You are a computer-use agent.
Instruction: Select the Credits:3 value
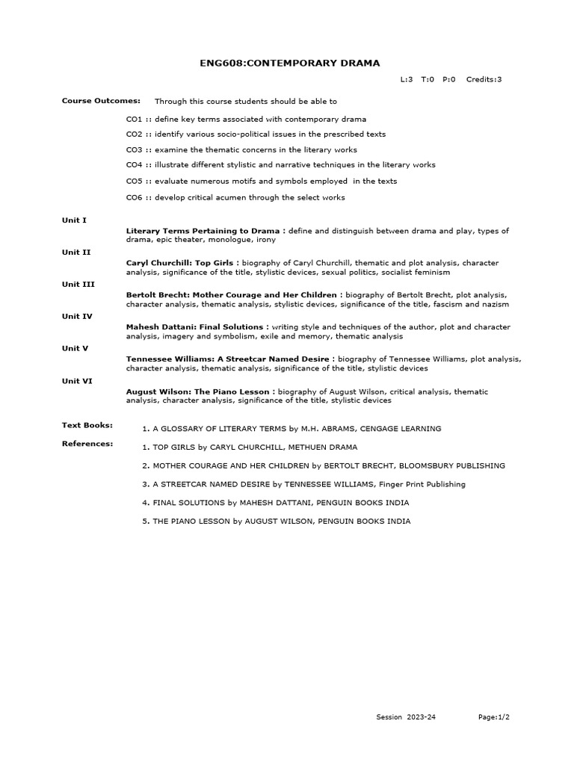coord(484,79)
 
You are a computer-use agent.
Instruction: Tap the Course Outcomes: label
coord(90,100)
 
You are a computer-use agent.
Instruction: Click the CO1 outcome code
coord(135,120)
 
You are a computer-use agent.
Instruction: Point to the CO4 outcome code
coord(135,164)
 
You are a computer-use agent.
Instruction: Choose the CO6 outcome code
coord(135,197)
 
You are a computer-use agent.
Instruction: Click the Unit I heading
coord(74,220)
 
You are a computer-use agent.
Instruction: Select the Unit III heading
coord(77,284)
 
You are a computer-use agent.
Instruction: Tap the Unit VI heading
coord(76,380)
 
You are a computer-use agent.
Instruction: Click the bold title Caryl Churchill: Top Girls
coord(179,263)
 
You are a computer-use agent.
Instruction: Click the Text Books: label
coord(87,425)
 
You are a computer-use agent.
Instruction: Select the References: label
coord(87,444)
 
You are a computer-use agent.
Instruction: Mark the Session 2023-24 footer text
coord(406,717)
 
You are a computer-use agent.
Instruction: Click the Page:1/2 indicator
coord(494,717)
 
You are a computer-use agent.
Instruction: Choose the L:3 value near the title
coord(407,79)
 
